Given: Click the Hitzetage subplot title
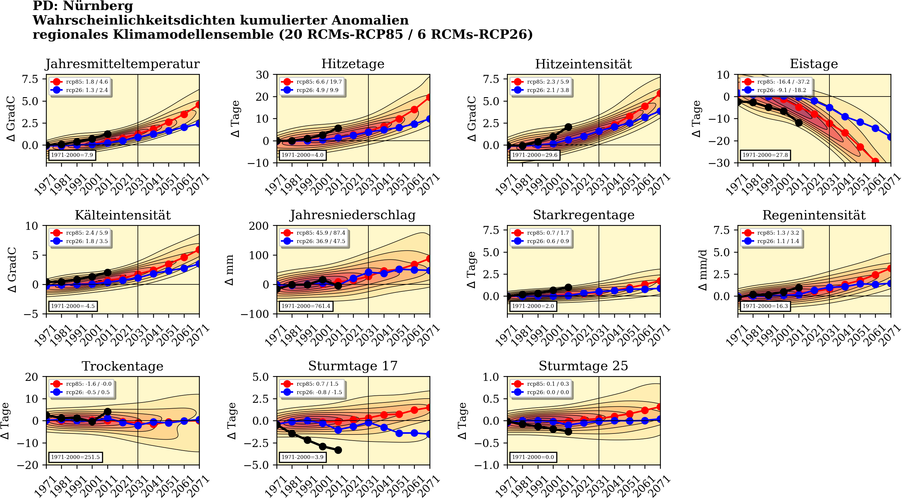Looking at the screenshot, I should (x=353, y=64).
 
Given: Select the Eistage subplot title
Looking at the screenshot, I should (x=814, y=64).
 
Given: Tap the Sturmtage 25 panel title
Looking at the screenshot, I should (x=583, y=366).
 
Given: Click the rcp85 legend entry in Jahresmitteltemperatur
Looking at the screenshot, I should (x=80, y=82).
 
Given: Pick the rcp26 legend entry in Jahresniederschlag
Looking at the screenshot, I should (x=314, y=241).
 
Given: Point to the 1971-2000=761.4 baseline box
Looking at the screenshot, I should (x=305, y=306).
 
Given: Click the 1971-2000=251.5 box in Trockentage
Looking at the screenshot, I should (x=75, y=457).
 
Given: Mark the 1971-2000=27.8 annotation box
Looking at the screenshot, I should (x=765, y=155).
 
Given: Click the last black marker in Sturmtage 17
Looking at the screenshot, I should (x=338, y=450).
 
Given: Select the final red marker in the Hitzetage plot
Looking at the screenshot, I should (x=429, y=97).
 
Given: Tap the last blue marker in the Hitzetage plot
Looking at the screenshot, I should (x=429, y=119).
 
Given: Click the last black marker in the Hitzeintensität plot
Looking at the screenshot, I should (x=568, y=127).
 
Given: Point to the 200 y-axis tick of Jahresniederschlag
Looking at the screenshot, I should (x=259, y=226).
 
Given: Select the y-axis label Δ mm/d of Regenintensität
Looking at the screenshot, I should (x=702, y=270).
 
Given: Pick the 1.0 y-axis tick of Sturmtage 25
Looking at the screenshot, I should (x=491, y=377).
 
